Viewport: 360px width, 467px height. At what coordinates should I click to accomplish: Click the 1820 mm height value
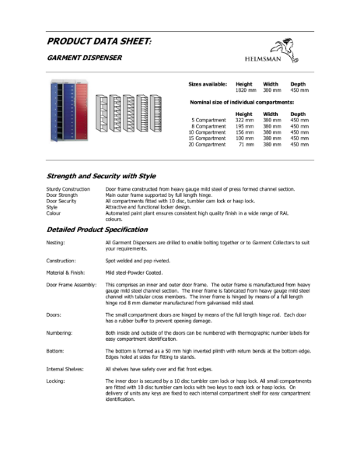pyautogui.click(x=245, y=91)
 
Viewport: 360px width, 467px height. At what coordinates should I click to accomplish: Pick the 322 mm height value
pyautogui.click(x=245, y=121)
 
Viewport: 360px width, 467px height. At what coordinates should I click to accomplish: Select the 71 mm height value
pyautogui.click(x=246, y=145)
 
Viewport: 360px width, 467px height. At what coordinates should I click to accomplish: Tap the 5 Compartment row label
pyautogui.click(x=208, y=121)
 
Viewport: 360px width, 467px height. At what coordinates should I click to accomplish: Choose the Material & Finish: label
pyautogui.click(x=68, y=273)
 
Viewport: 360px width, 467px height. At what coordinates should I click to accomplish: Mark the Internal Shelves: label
pyautogui.click(x=66, y=367)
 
